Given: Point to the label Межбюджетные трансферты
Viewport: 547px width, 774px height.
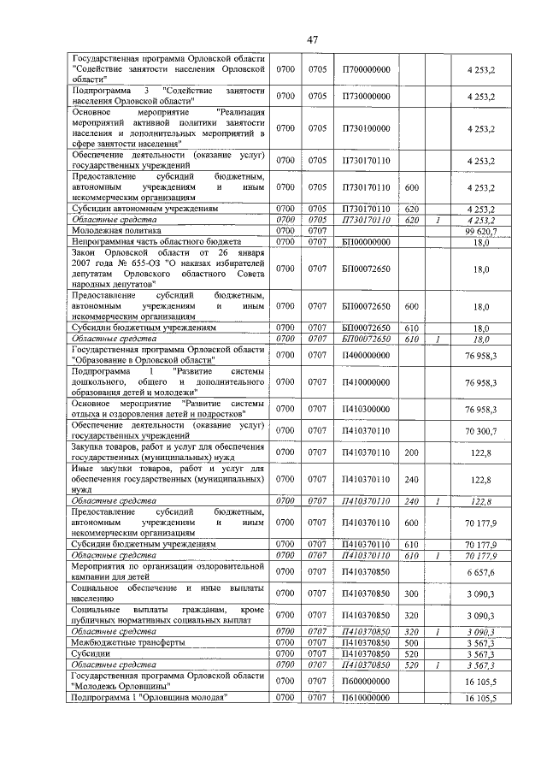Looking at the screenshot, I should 127,641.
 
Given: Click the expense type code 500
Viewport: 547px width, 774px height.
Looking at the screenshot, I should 411,641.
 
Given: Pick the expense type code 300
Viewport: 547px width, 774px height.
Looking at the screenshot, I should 411,593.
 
